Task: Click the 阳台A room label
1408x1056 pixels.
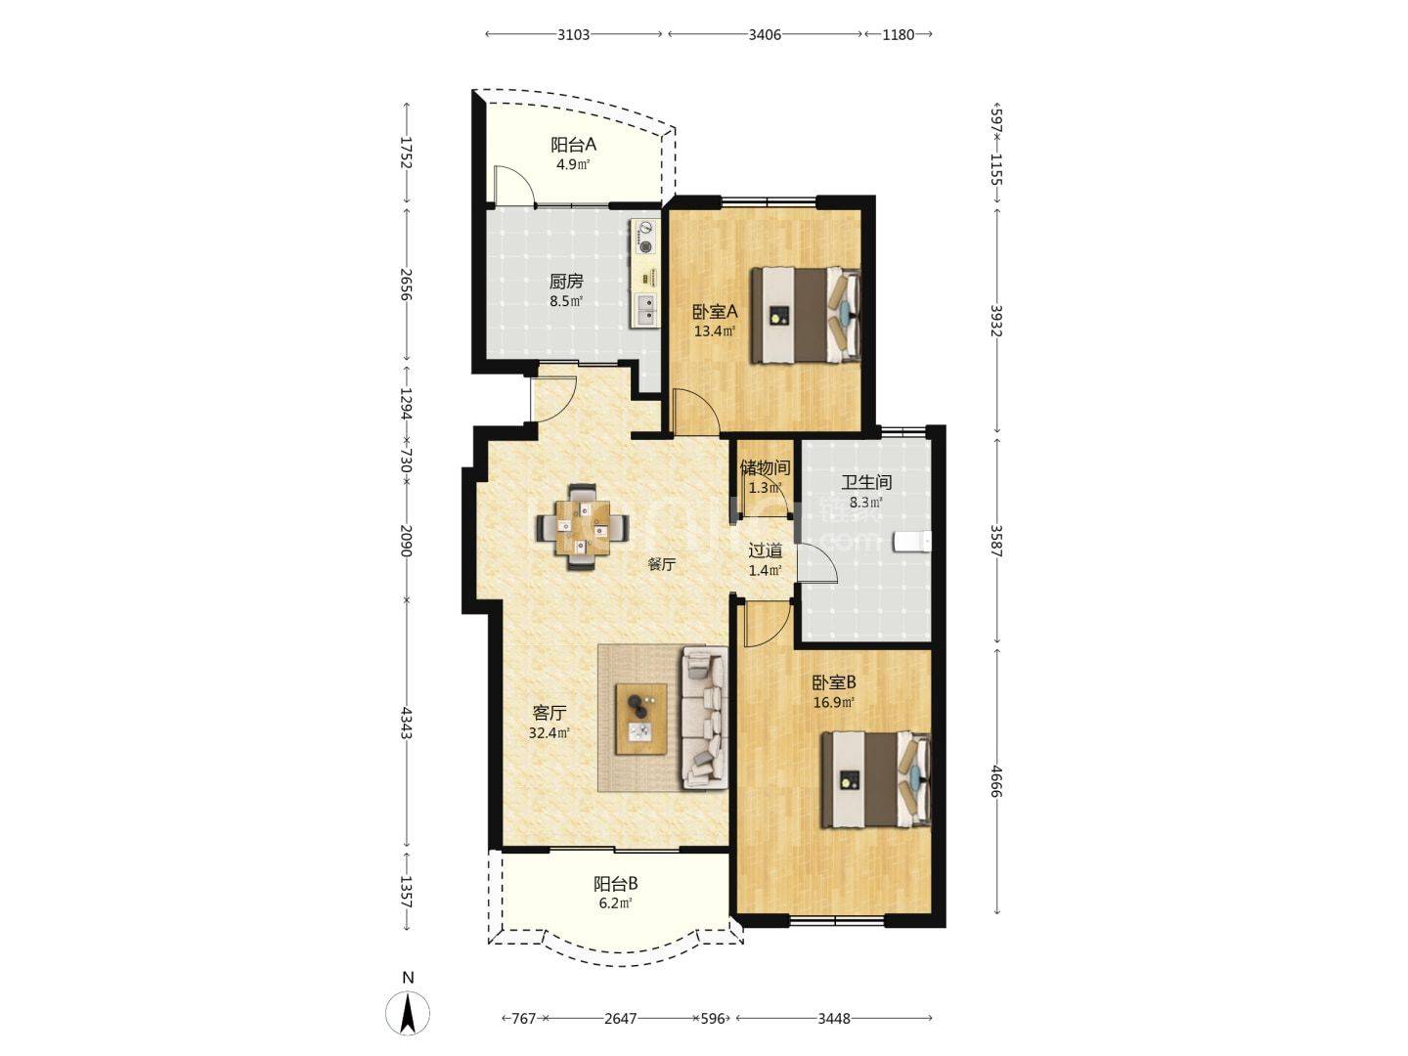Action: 573,145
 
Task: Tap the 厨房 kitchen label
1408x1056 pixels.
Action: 566,282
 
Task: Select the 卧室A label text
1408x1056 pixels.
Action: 715,312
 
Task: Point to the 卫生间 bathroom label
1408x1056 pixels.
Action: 866,482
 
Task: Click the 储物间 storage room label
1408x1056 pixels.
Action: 765,467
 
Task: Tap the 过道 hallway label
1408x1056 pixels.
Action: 766,550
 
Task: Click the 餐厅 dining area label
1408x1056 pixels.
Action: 661,564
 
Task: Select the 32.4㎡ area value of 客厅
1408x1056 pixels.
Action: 550,733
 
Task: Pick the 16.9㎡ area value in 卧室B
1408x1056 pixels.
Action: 834,702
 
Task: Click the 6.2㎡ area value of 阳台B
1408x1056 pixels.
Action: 616,903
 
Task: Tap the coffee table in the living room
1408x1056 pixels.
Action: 640,719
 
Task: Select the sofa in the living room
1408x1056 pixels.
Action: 704,718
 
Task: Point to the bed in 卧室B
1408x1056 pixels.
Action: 876,780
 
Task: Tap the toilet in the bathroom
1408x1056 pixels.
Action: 912,542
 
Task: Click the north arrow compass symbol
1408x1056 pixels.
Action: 408,1013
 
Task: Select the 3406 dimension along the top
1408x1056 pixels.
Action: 765,34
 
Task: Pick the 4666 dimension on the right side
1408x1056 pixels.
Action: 996,780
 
